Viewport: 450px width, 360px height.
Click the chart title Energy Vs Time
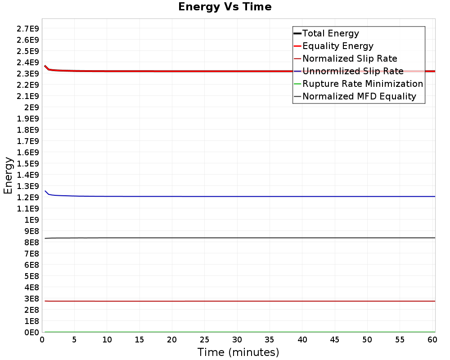(225, 7)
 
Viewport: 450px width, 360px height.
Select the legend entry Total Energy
(331, 33)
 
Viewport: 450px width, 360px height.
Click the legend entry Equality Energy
(338, 46)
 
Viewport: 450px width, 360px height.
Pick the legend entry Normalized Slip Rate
(350, 58)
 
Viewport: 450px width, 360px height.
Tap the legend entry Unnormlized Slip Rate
(353, 71)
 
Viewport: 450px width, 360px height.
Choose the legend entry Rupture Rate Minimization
(363, 84)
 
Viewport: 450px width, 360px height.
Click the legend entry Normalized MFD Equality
(359, 96)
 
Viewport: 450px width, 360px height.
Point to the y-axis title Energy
(8, 175)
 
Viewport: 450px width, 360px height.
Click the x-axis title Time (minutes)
(238, 352)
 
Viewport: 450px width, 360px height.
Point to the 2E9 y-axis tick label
(31, 107)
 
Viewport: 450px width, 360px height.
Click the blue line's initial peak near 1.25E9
(45, 191)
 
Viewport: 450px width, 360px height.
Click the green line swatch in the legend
(297, 84)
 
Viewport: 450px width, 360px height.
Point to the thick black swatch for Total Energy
(297, 33)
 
